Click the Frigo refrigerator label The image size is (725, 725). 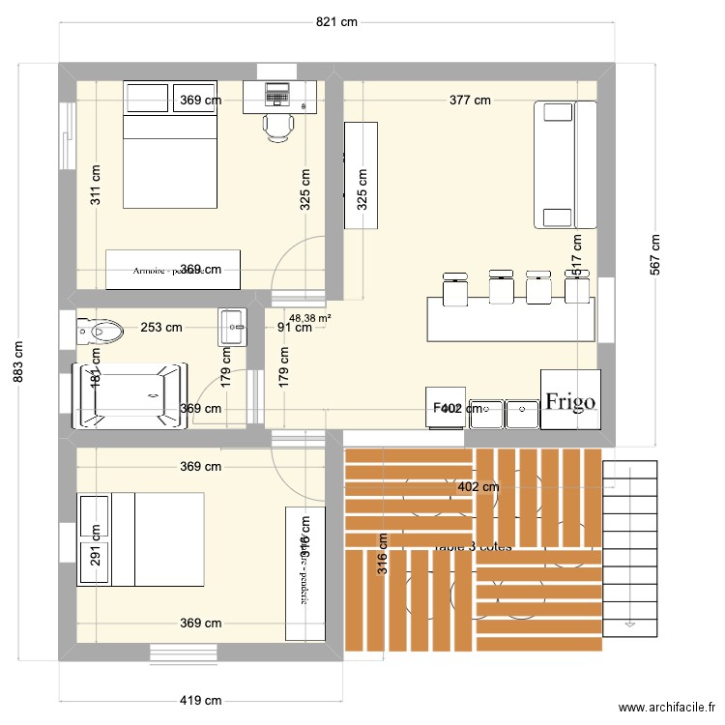tap(570, 401)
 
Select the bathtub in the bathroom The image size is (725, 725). tap(129, 395)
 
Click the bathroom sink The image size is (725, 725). tap(234, 326)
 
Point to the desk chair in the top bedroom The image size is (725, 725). tap(278, 126)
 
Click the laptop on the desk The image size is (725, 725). tap(277, 95)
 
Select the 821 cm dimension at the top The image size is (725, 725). tap(335, 21)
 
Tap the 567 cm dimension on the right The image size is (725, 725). tap(654, 255)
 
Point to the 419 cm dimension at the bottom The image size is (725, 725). tap(200, 701)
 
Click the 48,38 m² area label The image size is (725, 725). tap(310, 316)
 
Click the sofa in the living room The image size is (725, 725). tap(565, 164)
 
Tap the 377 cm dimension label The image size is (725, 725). tap(469, 100)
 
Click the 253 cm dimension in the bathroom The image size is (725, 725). tap(160, 327)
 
